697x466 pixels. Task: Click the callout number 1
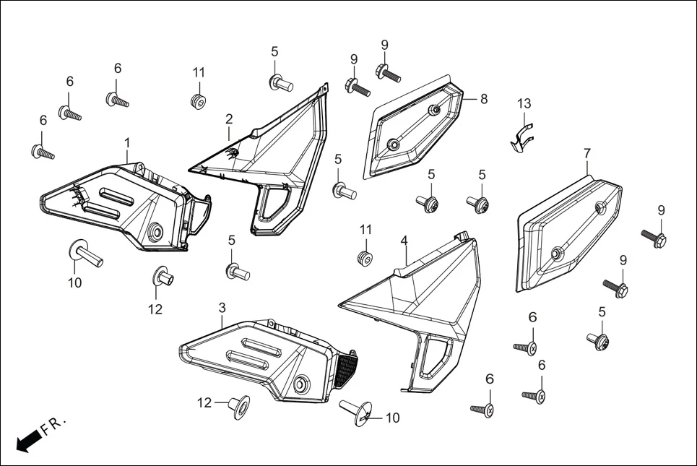[127, 142]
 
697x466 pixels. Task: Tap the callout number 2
[229, 118]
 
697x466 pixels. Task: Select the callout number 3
[222, 308]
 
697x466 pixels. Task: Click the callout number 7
[587, 153]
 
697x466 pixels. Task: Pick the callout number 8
[483, 98]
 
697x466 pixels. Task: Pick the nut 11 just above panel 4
[366, 258]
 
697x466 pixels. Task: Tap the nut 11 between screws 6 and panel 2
[198, 99]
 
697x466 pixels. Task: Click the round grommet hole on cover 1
[156, 232]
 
